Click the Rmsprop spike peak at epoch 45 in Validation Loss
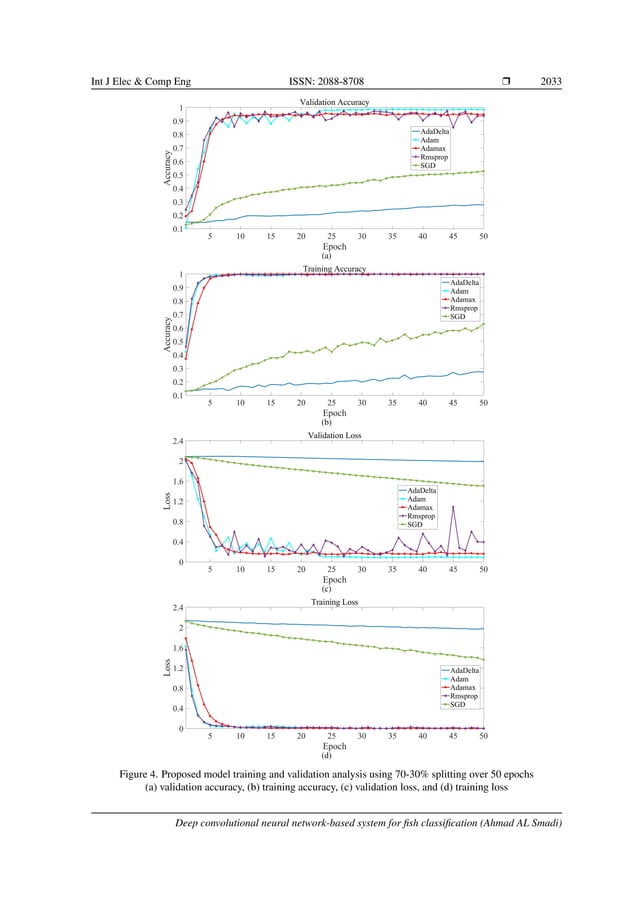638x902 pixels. (453, 507)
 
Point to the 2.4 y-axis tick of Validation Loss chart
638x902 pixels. (177, 441)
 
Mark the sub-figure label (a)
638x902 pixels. (326, 256)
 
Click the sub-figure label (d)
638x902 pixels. (326, 755)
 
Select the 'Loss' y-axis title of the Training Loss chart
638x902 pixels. (167, 668)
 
